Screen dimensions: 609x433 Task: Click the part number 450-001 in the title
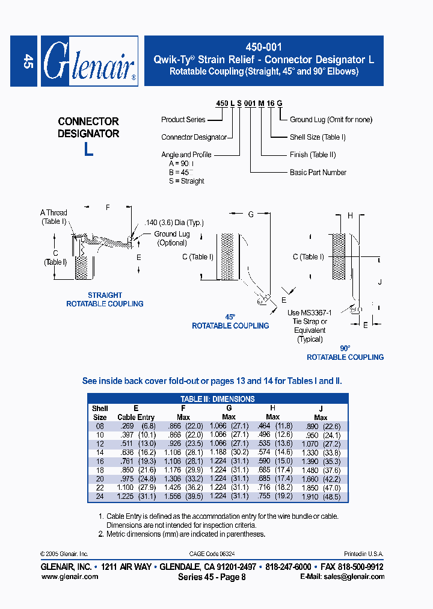pyautogui.click(x=264, y=47)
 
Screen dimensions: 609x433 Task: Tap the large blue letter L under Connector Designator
pyautogui.click(x=88, y=149)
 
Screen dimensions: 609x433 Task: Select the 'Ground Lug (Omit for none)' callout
pyautogui.click(x=331, y=120)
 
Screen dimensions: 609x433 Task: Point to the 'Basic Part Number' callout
pyautogui.click(x=318, y=173)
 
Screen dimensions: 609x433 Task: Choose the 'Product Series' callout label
pyautogui.click(x=183, y=120)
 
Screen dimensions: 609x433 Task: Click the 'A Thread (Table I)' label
pyautogui.click(x=54, y=217)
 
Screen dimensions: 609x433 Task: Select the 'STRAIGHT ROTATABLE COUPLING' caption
pyautogui.click(x=105, y=300)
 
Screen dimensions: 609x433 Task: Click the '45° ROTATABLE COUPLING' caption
pyautogui.click(x=230, y=321)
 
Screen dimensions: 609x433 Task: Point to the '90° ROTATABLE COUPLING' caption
pyautogui.click(x=345, y=353)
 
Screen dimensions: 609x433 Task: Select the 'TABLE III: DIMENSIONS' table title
pyautogui.click(x=218, y=398)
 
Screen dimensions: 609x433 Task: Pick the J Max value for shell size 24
pyautogui.click(x=321, y=497)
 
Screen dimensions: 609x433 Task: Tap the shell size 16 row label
pyautogui.click(x=100, y=462)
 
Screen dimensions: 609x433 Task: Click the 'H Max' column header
pyautogui.click(x=272, y=412)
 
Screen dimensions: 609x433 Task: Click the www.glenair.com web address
pyautogui.click(x=69, y=577)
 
